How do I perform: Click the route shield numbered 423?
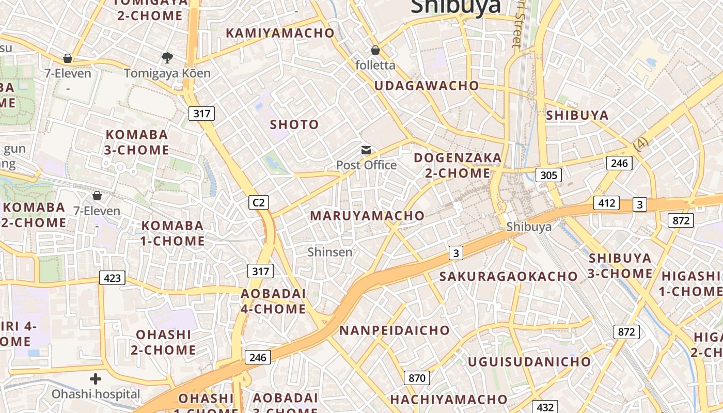[112, 278]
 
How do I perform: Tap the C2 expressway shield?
[259, 202]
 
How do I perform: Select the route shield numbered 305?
[548, 175]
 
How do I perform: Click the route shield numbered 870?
[417, 378]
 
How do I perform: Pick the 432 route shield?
[545, 407]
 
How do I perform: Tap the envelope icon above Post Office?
[366, 150]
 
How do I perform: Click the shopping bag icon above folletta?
[375, 50]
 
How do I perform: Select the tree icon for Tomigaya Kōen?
[167, 57]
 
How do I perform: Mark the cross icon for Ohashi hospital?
[96, 379]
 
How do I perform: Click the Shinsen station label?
[330, 252]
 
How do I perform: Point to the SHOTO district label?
[294, 124]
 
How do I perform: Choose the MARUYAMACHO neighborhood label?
[367, 216]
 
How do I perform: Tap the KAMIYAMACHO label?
[280, 33]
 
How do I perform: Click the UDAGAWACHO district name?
[427, 86]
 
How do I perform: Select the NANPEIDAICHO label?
[394, 330]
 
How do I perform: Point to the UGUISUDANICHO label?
[529, 361]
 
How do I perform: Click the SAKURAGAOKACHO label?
[508, 276]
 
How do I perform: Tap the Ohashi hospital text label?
[96, 394]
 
